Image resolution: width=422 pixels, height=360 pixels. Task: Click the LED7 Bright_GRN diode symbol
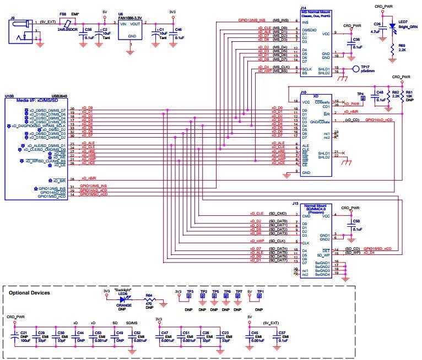pyautogui.click(x=392, y=25)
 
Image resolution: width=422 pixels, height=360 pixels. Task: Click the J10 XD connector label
pyautogui.click(x=302, y=92)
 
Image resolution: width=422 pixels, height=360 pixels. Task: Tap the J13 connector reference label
pyautogui.click(x=295, y=203)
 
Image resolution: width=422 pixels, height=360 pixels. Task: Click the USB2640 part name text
pyautogui.click(x=59, y=95)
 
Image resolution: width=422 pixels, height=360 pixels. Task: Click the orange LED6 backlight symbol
pyautogui.click(x=123, y=300)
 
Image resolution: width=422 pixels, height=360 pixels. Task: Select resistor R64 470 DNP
pyautogui.click(x=149, y=301)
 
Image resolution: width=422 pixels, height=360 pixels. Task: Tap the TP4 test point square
pyautogui.click(x=363, y=99)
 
